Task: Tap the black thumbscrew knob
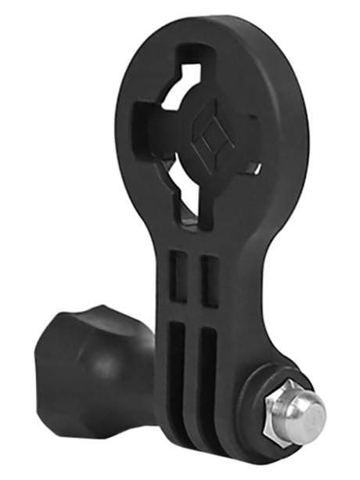(x=86, y=359)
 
